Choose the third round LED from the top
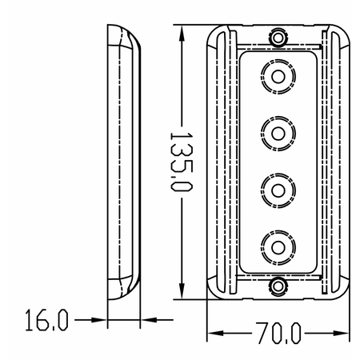278,189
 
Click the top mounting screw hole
278,38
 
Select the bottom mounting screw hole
278,286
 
